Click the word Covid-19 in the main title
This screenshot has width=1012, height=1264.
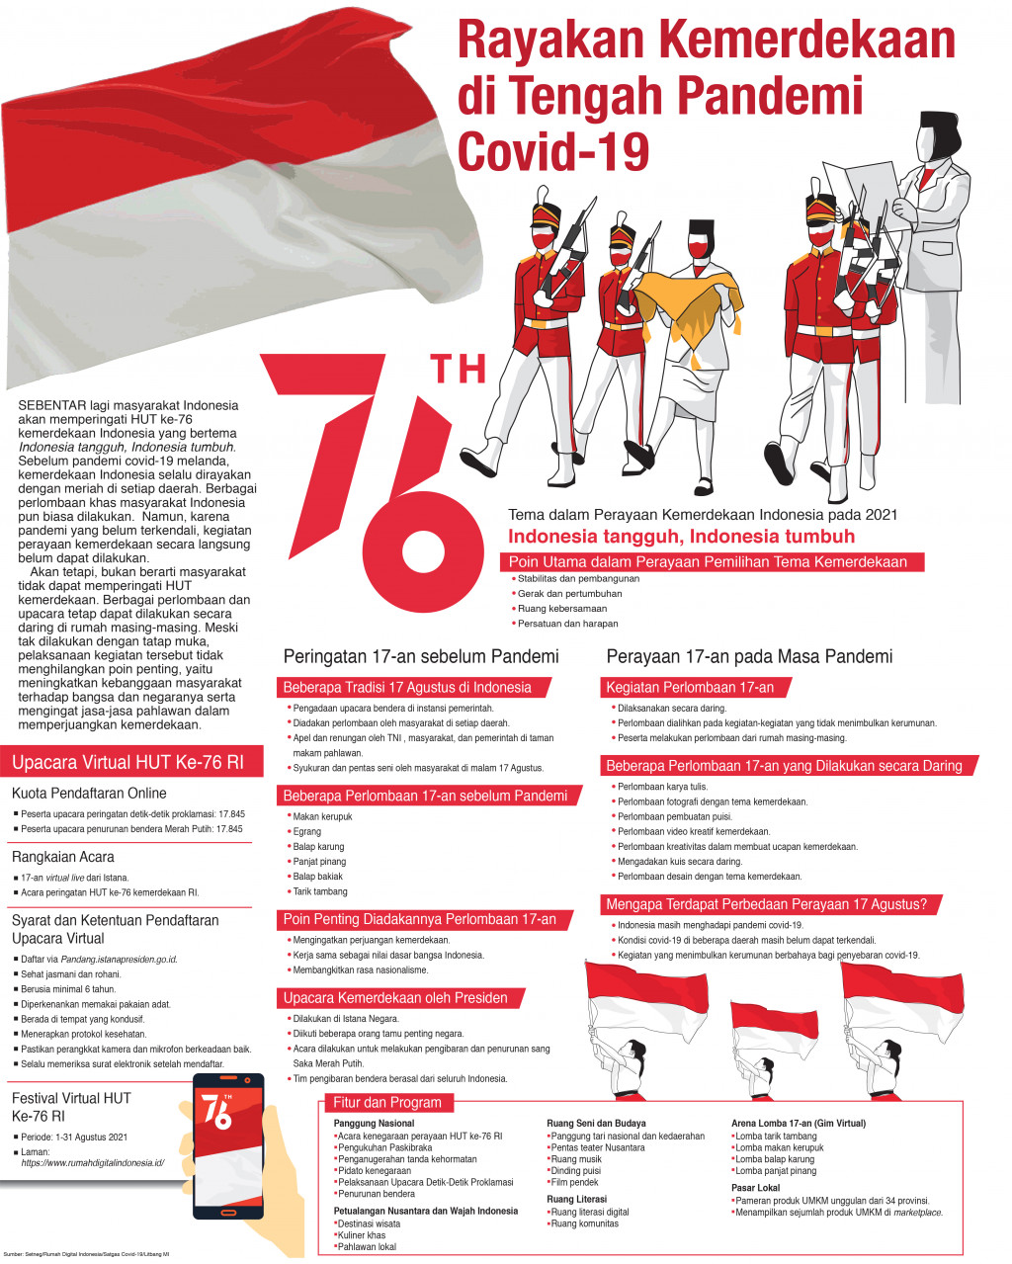[x=553, y=152]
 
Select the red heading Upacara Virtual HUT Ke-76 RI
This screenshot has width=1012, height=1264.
[x=127, y=763]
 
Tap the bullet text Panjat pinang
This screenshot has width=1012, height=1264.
[x=319, y=862]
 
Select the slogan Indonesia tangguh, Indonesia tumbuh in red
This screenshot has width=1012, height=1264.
[x=681, y=537]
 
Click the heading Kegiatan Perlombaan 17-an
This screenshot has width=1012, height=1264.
[x=690, y=688]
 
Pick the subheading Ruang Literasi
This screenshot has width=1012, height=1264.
[x=577, y=1199]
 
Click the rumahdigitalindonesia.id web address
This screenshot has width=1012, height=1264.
[x=92, y=1163]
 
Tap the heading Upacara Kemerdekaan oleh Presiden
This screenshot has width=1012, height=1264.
[x=395, y=998]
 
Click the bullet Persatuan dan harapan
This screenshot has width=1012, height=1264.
[x=568, y=624]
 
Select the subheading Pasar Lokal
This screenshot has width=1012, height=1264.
[x=755, y=1188]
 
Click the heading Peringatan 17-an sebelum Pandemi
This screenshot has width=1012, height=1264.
[x=421, y=657]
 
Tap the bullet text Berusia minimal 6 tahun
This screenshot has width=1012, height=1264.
[x=68, y=989]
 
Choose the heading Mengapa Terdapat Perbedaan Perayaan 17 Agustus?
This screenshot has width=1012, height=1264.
[x=766, y=904]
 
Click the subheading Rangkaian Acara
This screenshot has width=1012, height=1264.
[x=63, y=858]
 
